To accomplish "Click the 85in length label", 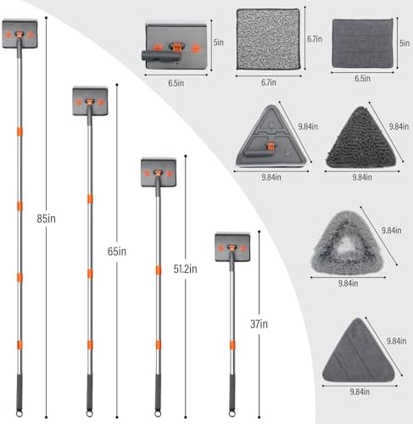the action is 46,219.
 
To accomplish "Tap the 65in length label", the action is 117,251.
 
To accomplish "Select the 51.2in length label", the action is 185,269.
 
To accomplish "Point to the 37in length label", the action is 259,324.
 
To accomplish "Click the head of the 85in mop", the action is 20,34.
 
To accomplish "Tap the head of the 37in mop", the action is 232,247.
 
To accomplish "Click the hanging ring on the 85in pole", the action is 20,414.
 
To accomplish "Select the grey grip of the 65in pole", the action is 89,393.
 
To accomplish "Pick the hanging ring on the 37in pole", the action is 232,414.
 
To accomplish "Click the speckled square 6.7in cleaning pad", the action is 268,39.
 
